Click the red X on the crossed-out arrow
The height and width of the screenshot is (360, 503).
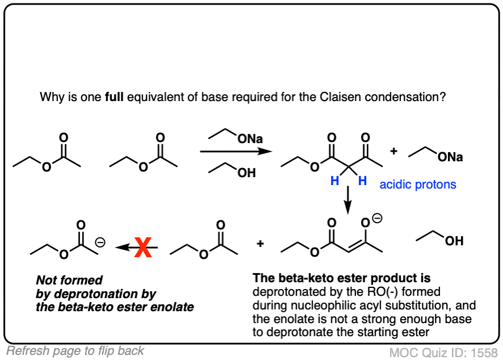pyautogui.click(x=143, y=247)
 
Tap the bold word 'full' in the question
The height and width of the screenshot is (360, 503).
pyautogui.click(x=114, y=97)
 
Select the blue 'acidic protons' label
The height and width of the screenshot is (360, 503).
pyautogui.click(x=418, y=185)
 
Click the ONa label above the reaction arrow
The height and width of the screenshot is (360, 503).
pyautogui.click(x=250, y=139)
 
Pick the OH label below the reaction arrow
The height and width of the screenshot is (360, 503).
pyautogui.click(x=247, y=173)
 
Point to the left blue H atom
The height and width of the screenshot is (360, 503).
pyautogui.click(x=335, y=181)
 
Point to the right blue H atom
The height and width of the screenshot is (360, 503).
pyautogui.click(x=363, y=181)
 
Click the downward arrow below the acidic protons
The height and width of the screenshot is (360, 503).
pyautogui.click(x=348, y=200)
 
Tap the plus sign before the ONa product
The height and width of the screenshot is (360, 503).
pyautogui.click(x=394, y=151)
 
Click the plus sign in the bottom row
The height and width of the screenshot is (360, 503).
pyautogui.click(x=260, y=244)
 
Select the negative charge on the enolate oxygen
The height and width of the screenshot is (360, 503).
pyautogui.click(x=377, y=219)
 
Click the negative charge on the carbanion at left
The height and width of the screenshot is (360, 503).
pyautogui.click(x=100, y=242)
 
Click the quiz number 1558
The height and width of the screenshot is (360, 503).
pyautogui.click(x=484, y=353)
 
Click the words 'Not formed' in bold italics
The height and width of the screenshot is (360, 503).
pyautogui.click(x=69, y=280)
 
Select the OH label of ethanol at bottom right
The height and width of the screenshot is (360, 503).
pyautogui.click(x=454, y=241)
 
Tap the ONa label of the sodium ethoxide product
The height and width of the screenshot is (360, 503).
pyautogui.click(x=450, y=157)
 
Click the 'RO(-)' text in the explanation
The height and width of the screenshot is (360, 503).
pyautogui.click(x=383, y=292)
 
